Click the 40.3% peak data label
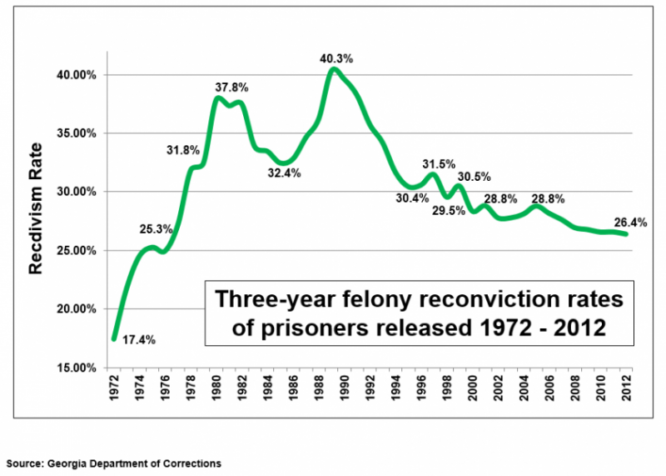tap(336, 58)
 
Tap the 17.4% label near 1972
tap(139, 340)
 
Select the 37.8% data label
tap(231, 87)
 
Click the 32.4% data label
tap(283, 173)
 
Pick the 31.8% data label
tap(182, 150)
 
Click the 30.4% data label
tap(413, 198)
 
